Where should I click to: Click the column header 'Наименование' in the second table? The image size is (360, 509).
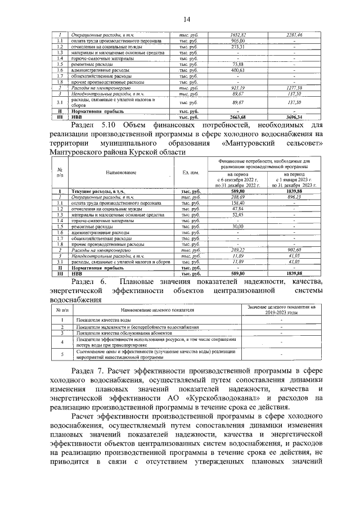tap(120, 173)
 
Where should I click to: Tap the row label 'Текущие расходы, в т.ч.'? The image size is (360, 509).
tap(97, 192)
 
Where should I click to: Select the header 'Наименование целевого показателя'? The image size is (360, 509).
tap(156, 310)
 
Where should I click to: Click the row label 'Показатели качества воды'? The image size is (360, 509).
tap(102, 319)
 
